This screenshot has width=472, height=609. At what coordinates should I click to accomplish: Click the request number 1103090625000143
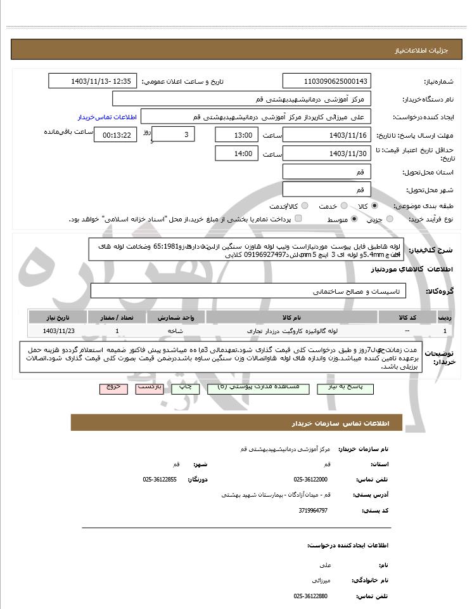coord(327,81)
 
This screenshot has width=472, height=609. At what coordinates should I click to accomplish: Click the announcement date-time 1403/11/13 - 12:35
coord(92,81)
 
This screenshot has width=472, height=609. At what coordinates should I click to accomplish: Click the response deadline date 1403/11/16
coord(327,135)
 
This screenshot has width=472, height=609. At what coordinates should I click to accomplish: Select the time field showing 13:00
coord(237,135)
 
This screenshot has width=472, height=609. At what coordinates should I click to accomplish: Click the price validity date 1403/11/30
coord(327,154)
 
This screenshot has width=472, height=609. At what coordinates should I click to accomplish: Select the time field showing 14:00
coord(237,154)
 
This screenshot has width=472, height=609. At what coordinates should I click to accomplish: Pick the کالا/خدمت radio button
coord(305,206)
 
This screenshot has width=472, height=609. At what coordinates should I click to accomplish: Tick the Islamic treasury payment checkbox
coord(298,219)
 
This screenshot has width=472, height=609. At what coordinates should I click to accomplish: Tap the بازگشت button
coord(150,386)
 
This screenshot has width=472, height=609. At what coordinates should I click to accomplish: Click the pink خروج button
coord(113,386)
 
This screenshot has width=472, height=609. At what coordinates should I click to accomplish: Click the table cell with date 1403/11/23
coord(58,331)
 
